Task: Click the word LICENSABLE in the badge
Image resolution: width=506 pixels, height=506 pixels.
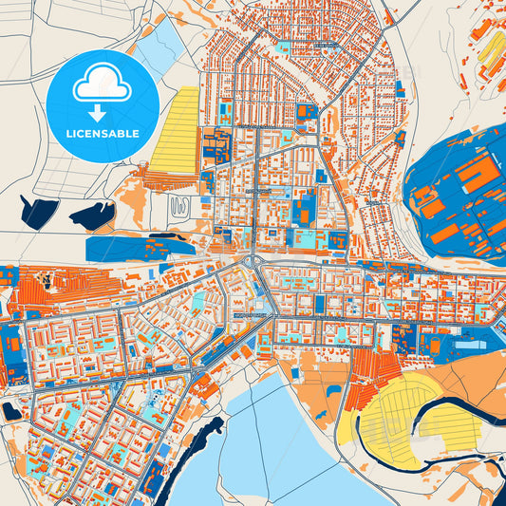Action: click(x=103, y=134)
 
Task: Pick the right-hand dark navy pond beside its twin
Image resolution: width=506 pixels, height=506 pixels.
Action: click(x=93, y=216)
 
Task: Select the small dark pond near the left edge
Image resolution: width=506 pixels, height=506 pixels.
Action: click(x=11, y=410)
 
